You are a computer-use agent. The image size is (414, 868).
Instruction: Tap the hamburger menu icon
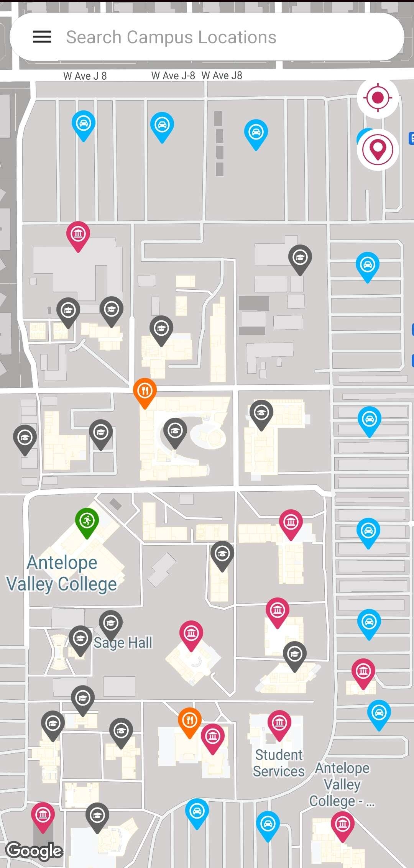click(42, 37)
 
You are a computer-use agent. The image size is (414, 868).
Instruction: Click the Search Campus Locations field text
click(171, 37)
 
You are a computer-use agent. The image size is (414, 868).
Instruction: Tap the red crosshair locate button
click(378, 98)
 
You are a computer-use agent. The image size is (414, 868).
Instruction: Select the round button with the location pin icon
click(378, 149)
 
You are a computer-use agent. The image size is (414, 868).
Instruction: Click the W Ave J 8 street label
click(85, 76)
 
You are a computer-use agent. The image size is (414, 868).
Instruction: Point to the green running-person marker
click(87, 521)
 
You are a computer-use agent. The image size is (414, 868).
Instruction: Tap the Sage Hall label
click(123, 643)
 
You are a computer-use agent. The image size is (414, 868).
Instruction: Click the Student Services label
click(279, 763)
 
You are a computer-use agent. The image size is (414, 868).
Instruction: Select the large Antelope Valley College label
click(62, 574)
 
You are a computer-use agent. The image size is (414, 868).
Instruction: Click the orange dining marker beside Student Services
click(189, 721)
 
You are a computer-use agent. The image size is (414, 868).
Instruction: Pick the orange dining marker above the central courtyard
click(145, 391)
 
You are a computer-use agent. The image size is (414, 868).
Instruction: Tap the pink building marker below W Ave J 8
click(78, 234)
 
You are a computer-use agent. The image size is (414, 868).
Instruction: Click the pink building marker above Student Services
click(279, 723)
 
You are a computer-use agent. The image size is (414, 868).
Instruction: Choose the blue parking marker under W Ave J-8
click(162, 125)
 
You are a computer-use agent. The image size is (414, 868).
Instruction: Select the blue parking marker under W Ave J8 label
click(256, 133)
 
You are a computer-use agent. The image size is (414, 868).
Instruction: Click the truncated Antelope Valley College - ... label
click(342, 784)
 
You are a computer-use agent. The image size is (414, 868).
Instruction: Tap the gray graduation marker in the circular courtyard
click(175, 431)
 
